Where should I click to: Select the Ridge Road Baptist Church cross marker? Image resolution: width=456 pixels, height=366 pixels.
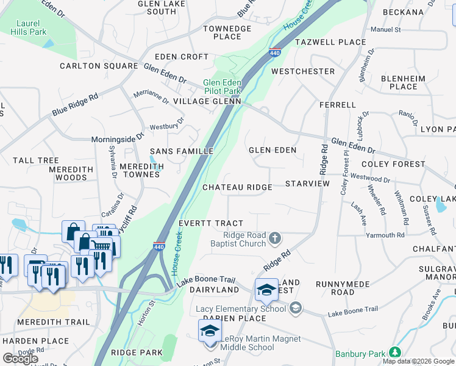(x=275, y=237)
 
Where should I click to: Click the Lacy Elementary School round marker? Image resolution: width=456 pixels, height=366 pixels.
(x=296, y=308)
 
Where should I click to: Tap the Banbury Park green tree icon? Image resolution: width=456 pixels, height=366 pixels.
(x=395, y=353)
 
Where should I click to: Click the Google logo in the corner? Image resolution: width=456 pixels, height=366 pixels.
(x=20, y=359)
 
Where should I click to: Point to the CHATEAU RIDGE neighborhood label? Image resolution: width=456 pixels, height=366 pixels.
(x=237, y=187)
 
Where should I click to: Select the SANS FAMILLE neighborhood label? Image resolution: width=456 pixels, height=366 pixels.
(x=182, y=151)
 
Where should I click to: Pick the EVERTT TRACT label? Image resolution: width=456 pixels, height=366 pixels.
(x=216, y=223)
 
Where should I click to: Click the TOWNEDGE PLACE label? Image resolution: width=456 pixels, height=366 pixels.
(x=227, y=32)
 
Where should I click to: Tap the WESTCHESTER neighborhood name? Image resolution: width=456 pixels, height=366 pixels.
(x=303, y=71)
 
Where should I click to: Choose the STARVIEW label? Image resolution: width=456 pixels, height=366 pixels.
(x=307, y=184)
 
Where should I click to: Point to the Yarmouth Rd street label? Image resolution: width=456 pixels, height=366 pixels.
(x=385, y=235)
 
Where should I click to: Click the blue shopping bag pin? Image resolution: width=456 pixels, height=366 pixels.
(x=73, y=232)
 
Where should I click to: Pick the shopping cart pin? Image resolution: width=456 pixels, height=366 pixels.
(x=104, y=245)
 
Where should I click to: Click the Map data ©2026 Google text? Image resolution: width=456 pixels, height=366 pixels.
(x=418, y=361)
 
